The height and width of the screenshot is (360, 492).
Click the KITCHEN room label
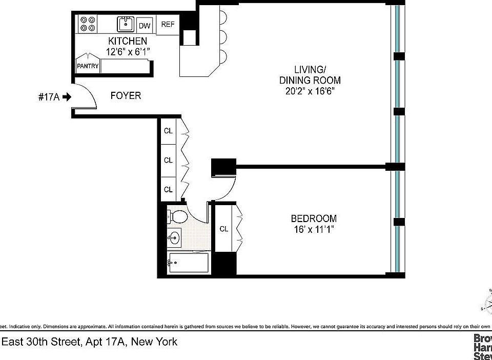[127, 41]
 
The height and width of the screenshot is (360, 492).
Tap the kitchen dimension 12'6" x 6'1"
[127, 52]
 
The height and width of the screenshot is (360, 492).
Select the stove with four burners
[88, 24]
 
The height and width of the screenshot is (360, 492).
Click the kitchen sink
[125, 24]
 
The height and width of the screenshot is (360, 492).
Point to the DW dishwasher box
[145, 25]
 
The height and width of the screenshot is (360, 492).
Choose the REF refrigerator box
[168, 25]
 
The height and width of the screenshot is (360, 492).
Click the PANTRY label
[88, 66]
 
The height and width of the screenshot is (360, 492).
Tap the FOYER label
[126, 96]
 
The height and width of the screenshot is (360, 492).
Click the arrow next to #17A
[66, 96]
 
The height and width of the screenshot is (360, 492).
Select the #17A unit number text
[49, 96]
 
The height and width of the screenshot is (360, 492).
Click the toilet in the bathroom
[176, 217]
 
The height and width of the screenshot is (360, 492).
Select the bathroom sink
[175, 238]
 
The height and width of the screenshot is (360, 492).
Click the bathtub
[188, 264]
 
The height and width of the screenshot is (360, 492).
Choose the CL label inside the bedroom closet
[224, 229]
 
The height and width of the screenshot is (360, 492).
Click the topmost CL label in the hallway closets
[168, 131]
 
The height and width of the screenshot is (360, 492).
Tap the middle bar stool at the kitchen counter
[222, 36]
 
